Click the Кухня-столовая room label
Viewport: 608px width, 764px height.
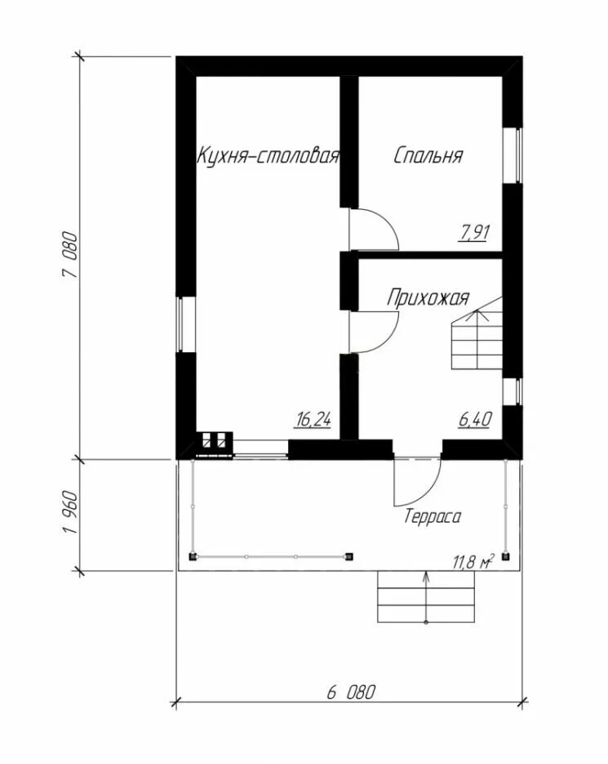click(x=268, y=156)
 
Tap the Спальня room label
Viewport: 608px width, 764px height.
click(x=428, y=155)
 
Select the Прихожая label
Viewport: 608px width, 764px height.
click(x=428, y=297)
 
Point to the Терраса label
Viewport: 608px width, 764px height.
click(x=433, y=516)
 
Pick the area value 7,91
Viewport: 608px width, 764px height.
click(x=473, y=232)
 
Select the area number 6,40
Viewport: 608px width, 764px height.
click(x=475, y=419)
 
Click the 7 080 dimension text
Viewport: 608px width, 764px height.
click(x=69, y=255)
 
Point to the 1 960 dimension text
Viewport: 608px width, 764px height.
click(x=69, y=512)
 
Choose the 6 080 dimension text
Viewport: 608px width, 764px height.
click(x=351, y=692)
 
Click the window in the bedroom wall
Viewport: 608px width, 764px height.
click(x=513, y=156)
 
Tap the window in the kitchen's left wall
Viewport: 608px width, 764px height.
click(x=185, y=324)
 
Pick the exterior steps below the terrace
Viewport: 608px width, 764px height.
click(x=426, y=596)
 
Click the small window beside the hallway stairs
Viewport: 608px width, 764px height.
click(x=513, y=391)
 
